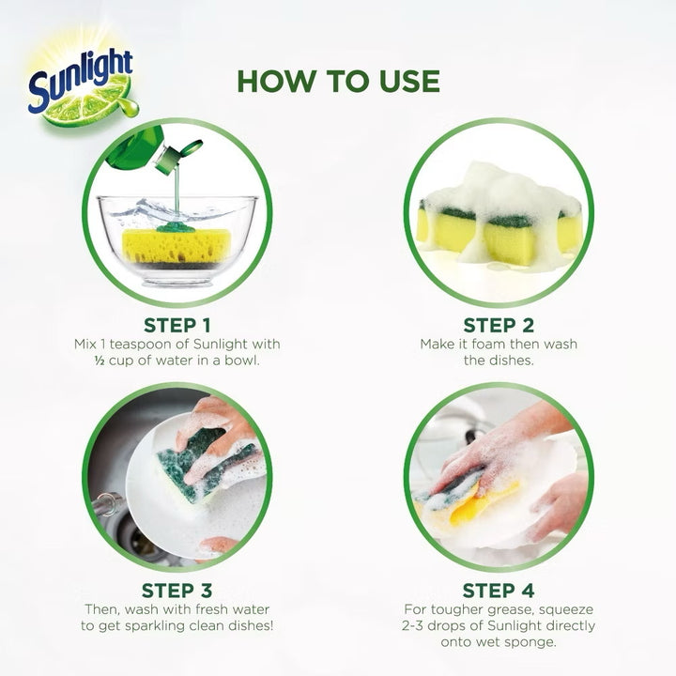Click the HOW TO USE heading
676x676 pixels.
[x=338, y=81]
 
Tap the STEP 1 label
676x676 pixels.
[x=177, y=325]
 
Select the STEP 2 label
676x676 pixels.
[x=499, y=325]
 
